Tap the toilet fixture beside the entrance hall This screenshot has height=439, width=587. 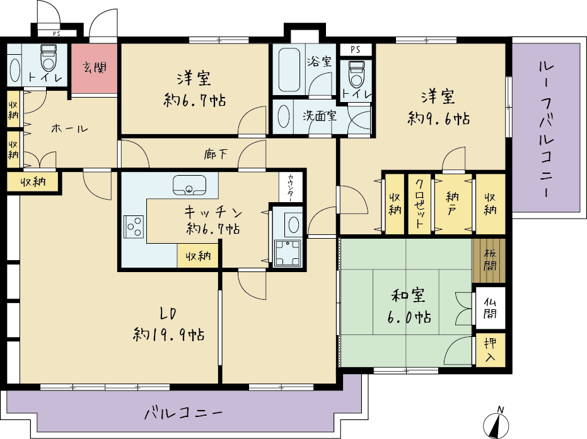[49, 58]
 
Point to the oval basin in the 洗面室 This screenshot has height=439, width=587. [284, 116]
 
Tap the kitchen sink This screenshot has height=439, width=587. [189, 185]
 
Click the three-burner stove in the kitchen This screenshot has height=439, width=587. [134, 227]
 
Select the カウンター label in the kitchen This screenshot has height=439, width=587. [291, 187]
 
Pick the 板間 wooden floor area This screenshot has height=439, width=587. [489, 260]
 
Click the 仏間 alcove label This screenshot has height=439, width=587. [490, 308]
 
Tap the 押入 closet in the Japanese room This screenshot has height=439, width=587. [491, 350]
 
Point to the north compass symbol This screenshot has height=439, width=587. [496, 424]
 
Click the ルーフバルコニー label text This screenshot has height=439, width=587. [546, 129]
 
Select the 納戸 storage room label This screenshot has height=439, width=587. [453, 203]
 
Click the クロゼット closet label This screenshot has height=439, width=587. [419, 203]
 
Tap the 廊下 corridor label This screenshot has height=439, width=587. [216, 154]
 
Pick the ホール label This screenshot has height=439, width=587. [69, 129]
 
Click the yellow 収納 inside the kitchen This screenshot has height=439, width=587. [198, 256]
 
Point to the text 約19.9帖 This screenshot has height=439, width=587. [169, 334]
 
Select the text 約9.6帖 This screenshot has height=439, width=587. [439, 119]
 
